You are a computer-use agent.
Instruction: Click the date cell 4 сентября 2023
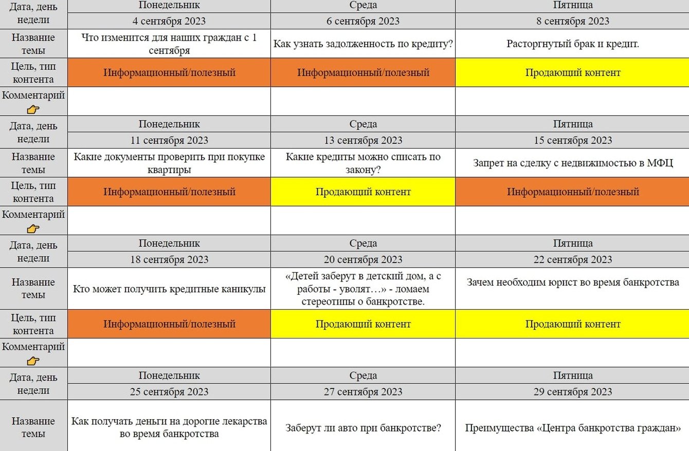[x=169, y=21]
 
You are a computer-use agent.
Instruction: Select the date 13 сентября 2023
[x=363, y=140]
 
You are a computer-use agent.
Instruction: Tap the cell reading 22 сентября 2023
[x=573, y=259]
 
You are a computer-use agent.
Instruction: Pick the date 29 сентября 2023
[x=573, y=392]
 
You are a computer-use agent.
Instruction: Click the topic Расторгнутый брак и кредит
[x=573, y=44]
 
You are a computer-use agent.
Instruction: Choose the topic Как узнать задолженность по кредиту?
[x=363, y=44]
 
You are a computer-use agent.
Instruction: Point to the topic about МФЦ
[x=573, y=163]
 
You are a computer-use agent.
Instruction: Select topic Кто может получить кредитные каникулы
[x=169, y=289]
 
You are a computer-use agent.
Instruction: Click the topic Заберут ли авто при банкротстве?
[x=363, y=427]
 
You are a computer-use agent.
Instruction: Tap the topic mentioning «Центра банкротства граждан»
[x=573, y=427]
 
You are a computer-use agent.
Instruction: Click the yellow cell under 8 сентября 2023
[x=573, y=72]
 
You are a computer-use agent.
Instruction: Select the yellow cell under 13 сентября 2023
[x=363, y=192]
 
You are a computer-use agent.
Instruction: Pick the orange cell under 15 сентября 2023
[x=573, y=192]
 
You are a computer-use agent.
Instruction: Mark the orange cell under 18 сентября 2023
[x=169, y=324]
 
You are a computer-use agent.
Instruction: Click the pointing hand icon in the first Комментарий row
[x=33, y=109]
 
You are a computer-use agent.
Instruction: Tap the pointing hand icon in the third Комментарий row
[x=33, y=361]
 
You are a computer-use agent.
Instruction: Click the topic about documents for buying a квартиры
[x=169, y=163]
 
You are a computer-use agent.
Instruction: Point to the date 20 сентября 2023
[x=363, y=259]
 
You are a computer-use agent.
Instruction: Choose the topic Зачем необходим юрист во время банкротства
[x=573, y=283]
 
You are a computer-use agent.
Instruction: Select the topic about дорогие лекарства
[x=169, y=427]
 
